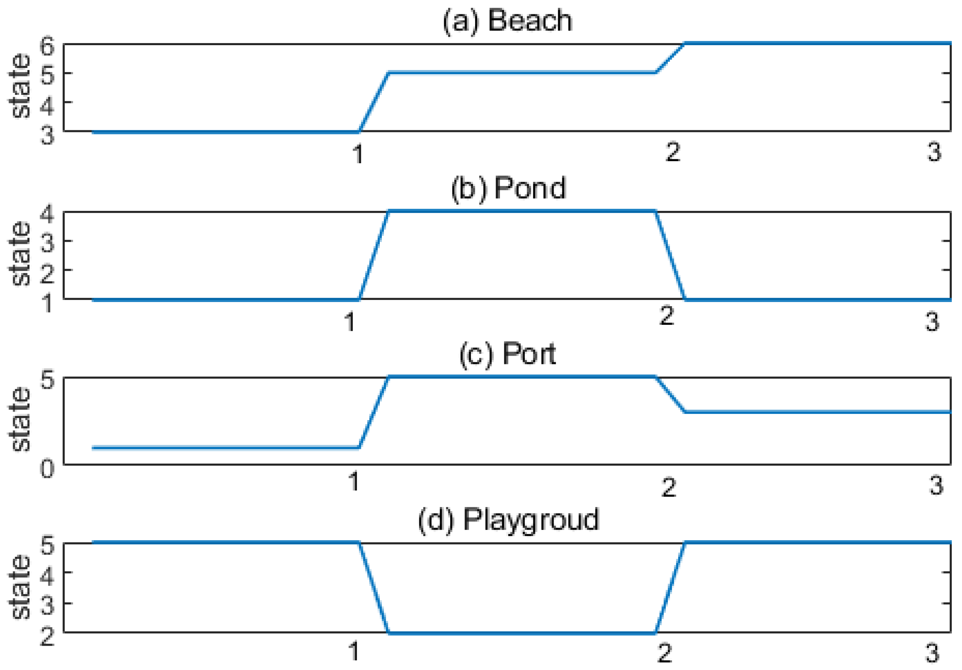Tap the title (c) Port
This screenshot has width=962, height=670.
[x=507, y=354]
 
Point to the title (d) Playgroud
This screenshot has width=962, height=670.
[x=509, y=520]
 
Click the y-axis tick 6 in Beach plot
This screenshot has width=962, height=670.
[x=47, y=45]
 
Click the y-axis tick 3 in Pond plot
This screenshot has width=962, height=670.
[x=47, y=242]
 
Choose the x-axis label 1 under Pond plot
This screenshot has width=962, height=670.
[x=350, y=322]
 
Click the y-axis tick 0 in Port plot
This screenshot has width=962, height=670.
[x=47, y=469]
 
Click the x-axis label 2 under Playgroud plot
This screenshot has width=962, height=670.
[x=665, y=652]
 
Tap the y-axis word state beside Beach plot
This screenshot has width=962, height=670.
[x=20, y=86]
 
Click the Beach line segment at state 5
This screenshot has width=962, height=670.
[x=522, y=73]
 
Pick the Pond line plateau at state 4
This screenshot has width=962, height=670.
[x=522, y=211]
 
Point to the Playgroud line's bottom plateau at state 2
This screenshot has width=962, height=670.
[x=522, y=633]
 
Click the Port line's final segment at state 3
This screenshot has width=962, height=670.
[x=817, y=412]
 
